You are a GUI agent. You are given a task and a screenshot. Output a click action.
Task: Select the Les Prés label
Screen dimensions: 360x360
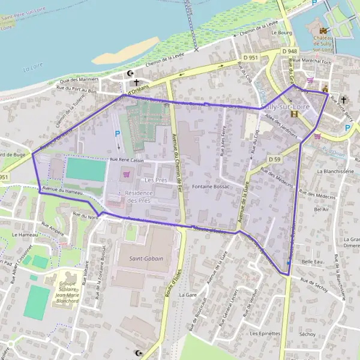155,180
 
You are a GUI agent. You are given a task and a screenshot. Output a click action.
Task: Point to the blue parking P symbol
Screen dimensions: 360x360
118,134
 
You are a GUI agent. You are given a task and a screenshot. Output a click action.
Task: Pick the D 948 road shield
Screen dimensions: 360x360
290,52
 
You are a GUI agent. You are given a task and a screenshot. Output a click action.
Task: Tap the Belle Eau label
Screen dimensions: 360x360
312,262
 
